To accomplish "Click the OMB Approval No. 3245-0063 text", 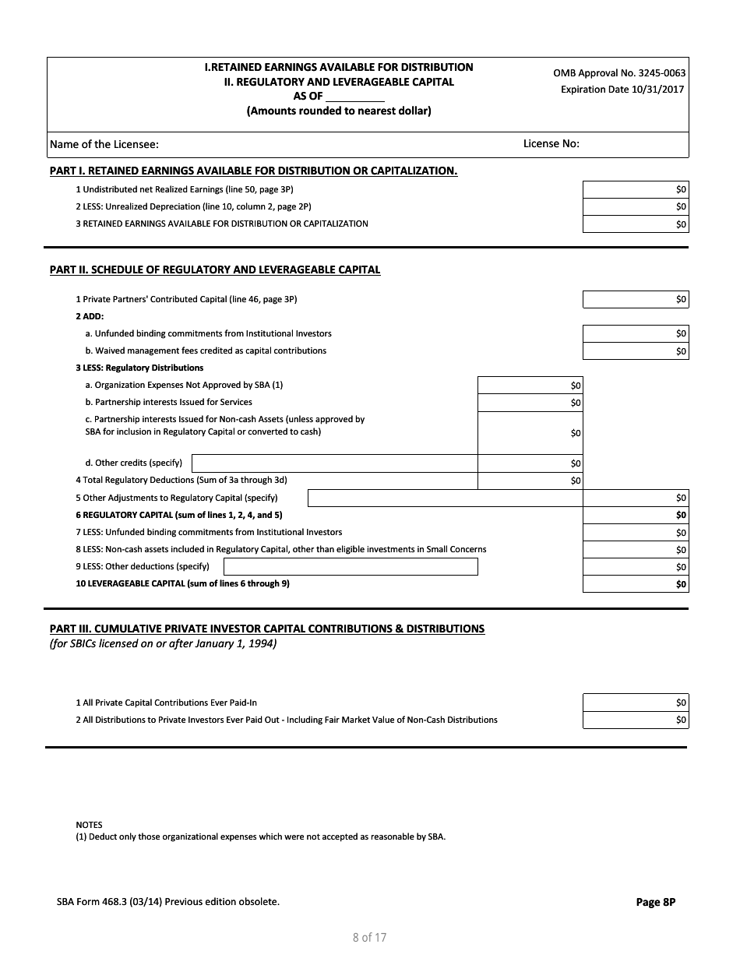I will pyautogui.click(x=619, y=73).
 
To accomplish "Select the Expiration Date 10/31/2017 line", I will pyautogui.click(x=622, y=90).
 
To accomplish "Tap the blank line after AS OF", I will pyautogui.click(x=354, y=97).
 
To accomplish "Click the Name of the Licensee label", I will pyautogui.click(x=104, y=144).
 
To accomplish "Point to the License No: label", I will pyautogui.click(x=551, y=143).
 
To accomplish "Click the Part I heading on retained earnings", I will pyautogui.click(x=253, y=171).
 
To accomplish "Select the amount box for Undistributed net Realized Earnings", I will pyautogui.click(x=635, y=189).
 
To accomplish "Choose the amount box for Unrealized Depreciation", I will pyautogui.click(x=635, y=206).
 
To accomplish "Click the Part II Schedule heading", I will pyautogui.click(x=215, y=270).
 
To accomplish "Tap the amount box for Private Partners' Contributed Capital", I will pyautogui.click(x=635, y=299).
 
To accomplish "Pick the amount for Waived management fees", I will pyautogui.click(x=635, y=351).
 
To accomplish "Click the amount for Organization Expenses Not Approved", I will pyautogui.click(x=529, y=385).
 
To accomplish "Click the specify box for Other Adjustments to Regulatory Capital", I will pyautogui.click(x=445, y=498).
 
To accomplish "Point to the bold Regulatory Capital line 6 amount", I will pyautogui.click(x=635, y=515).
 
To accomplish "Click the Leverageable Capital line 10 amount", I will pyautogui.click(x=635, y=584).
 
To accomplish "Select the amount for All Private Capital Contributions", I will pyautogui.click(x=635, y=703).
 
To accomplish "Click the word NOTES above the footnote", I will pyautogui.click(x=89, y=825).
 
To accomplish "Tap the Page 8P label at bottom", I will pyautogui.click(x=655, y=902).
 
